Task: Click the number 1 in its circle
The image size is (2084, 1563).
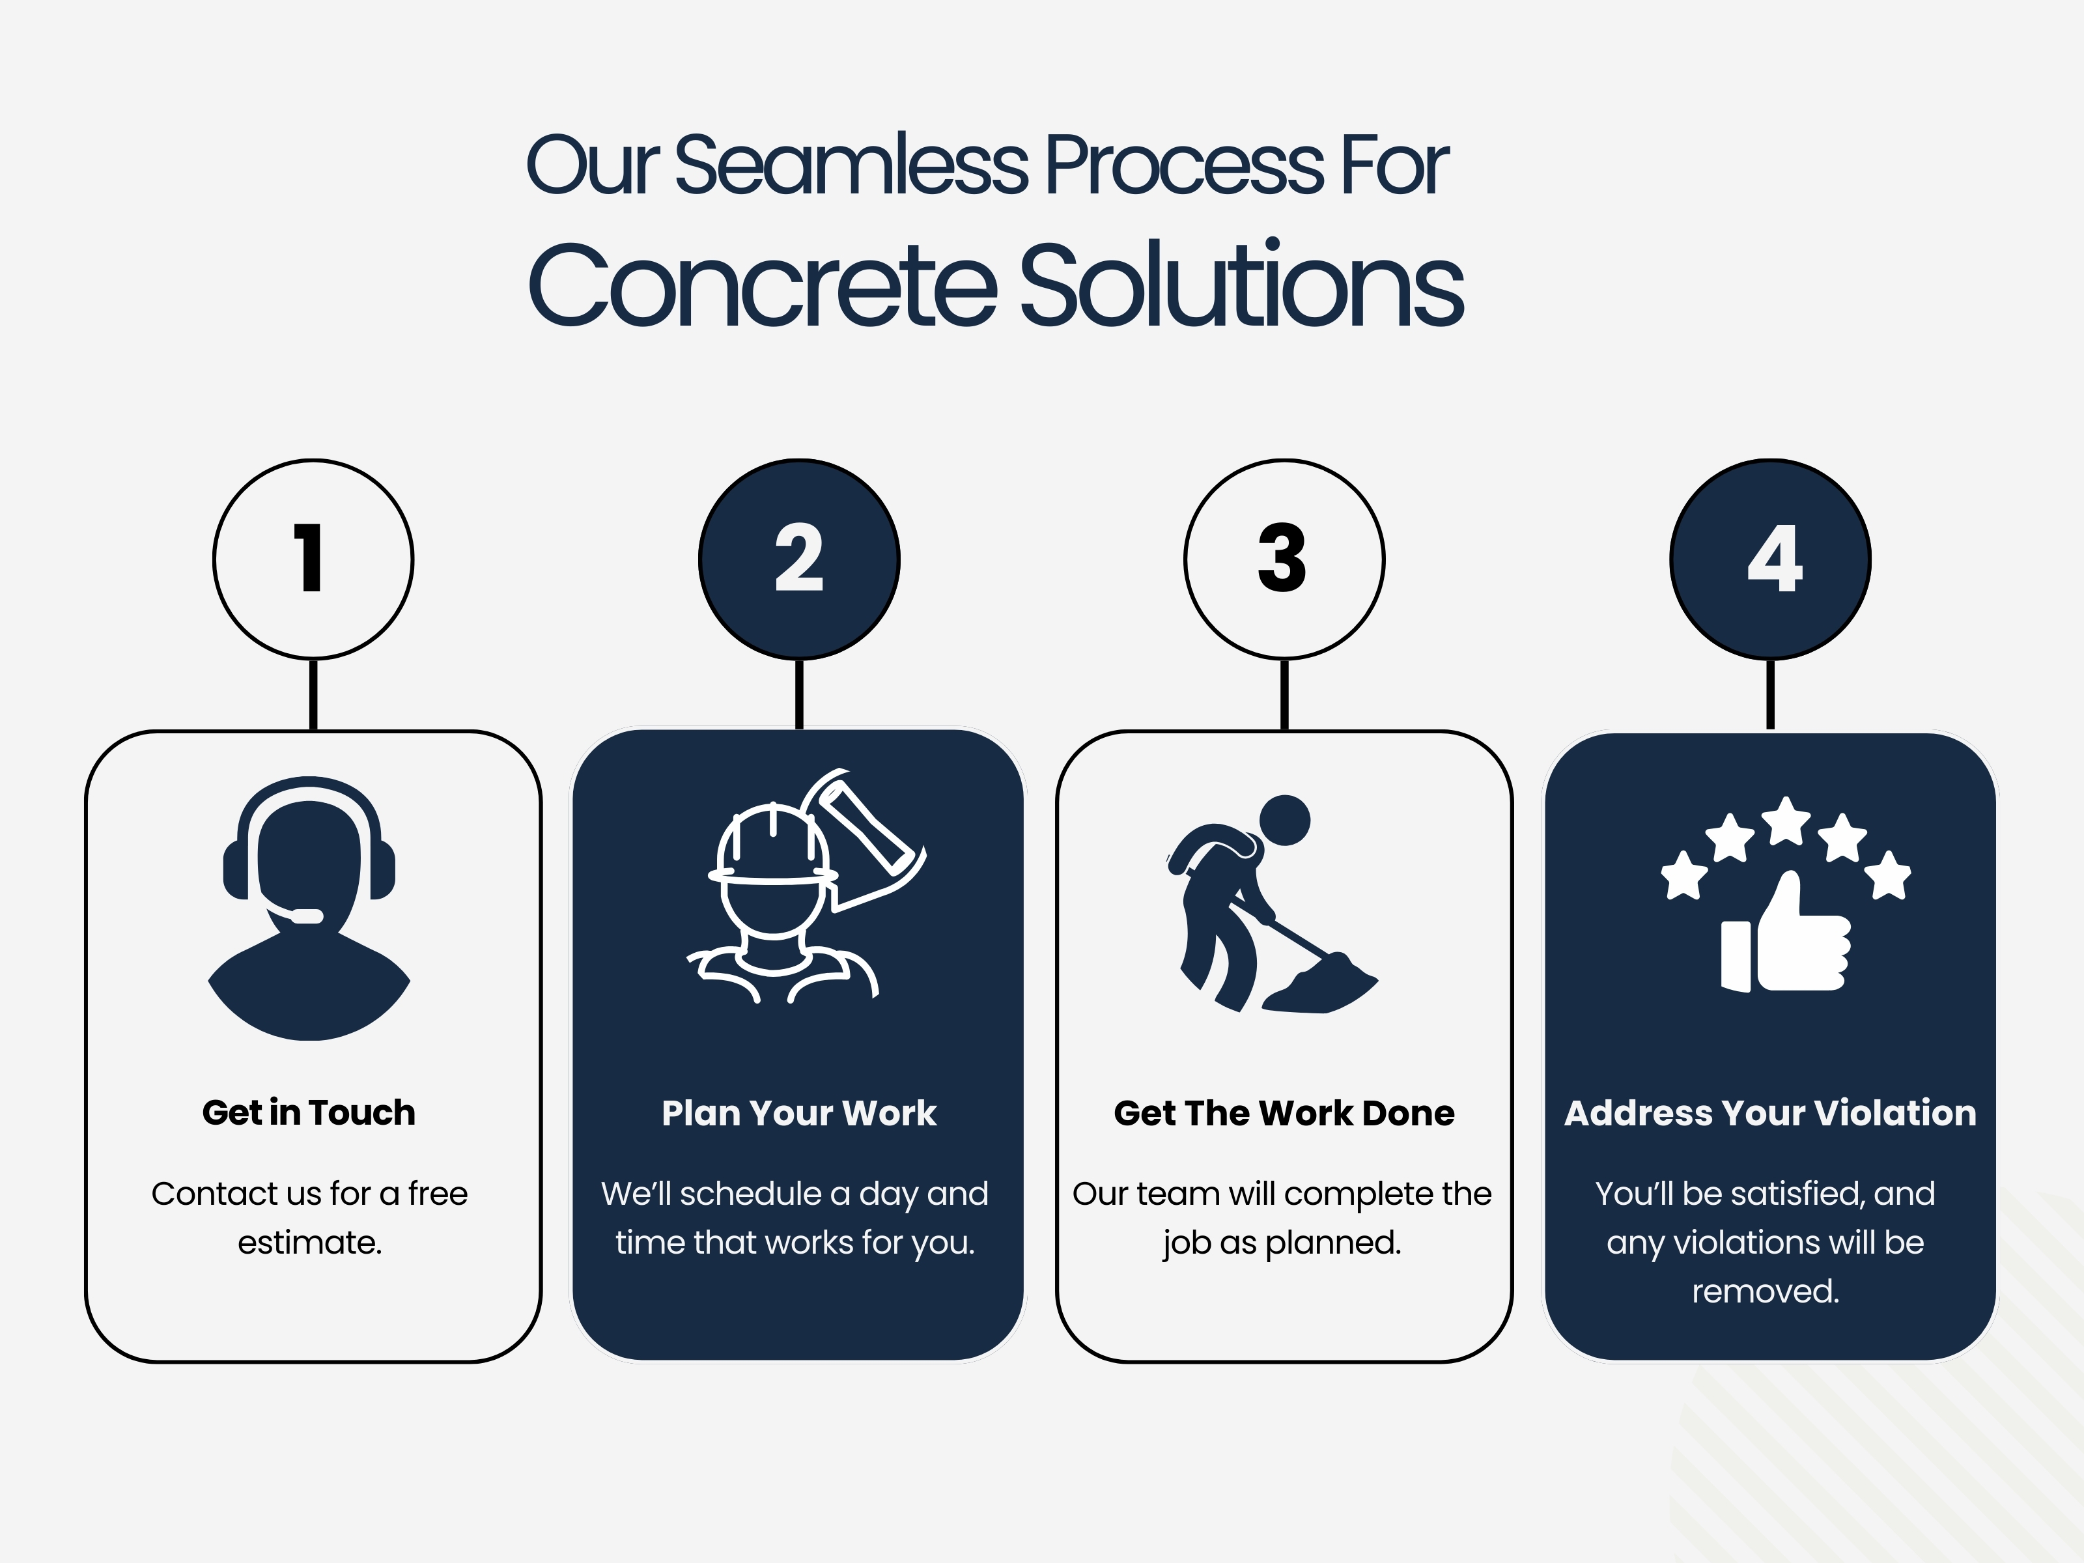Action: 310,559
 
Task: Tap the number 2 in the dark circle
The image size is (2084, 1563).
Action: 799,559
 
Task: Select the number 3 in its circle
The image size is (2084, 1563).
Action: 1282,559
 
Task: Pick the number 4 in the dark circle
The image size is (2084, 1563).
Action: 1774,559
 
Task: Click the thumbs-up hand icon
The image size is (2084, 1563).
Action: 1785,937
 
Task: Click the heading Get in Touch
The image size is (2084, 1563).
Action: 309,1112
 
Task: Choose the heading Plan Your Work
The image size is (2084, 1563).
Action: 799,1112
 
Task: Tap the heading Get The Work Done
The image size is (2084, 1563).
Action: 1283,1112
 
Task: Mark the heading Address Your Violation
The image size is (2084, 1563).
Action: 1770,1112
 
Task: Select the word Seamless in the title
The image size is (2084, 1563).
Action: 852,166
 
